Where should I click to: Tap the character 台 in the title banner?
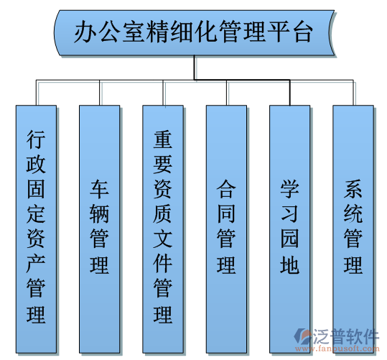point(302,32)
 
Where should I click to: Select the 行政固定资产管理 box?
point(37,229)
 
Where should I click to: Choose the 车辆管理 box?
point(100,229)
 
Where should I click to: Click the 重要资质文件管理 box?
point(163,229)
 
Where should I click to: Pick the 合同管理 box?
point(226,229)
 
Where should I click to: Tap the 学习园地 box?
point(290,229)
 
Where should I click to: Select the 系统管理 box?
point(353,229)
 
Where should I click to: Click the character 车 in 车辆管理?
point(99,189)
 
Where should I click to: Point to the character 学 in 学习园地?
point(289,189)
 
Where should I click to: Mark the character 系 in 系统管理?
point(353,189)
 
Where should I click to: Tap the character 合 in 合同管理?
point(226,189)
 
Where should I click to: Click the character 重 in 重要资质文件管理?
point(163,140)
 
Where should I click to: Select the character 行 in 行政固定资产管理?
point(36,140)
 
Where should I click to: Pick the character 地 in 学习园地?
point(289,264)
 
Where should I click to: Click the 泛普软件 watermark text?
point(346,336)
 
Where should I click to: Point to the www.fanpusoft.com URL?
point(337,349)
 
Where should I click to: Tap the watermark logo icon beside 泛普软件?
point(303,336)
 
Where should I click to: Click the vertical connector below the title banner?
point(195,68)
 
